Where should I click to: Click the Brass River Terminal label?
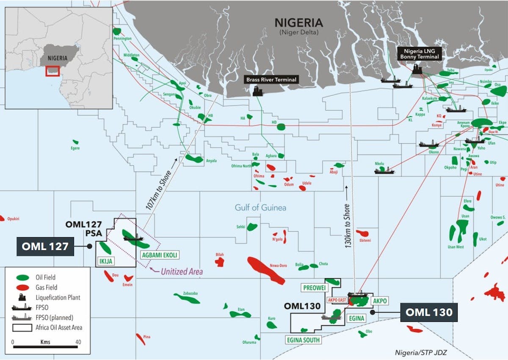click(x=272, y=79)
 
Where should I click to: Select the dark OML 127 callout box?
click(x=45, y=246)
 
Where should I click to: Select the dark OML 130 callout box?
click(x=429, y=312)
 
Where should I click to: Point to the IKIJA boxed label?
click(x=105, y=261)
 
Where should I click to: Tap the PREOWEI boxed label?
click(x=314, y=288)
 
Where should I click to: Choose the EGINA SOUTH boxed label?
click(x=303, y=340)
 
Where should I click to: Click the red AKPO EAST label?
click(x=337, y=300)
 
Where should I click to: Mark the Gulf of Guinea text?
click(x=260, y=208)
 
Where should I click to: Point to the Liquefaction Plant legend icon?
click(x=22, y=297)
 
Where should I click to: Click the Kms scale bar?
click(x=45, y=347)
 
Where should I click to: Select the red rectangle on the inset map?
click(x=53, y=71)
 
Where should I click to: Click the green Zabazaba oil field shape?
click(x=187, y=299)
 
